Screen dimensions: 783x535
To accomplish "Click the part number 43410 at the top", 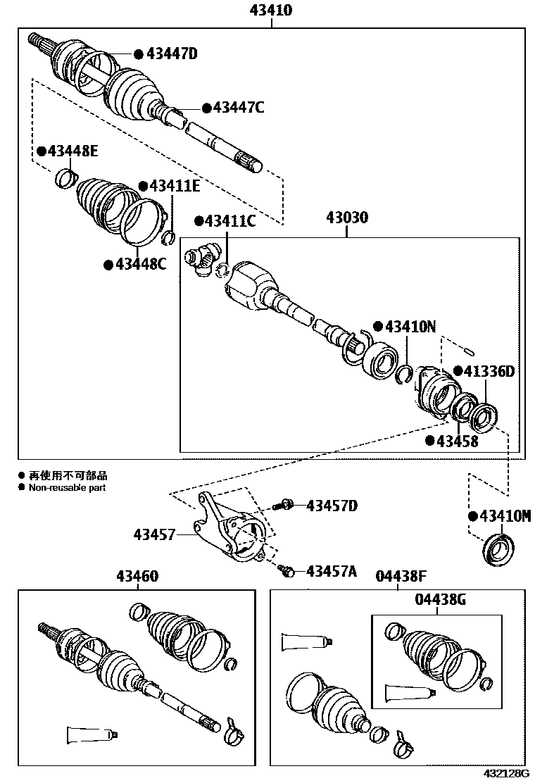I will pos(271,11).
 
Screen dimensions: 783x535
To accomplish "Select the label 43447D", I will pos(172,54).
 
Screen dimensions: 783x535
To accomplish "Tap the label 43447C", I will pos(239,107).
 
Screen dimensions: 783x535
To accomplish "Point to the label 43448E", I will pos(73,151).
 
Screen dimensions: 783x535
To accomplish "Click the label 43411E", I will pos(175,186).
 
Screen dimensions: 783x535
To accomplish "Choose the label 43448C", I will pos(140,264).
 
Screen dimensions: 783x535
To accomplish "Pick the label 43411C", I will pos(230,221).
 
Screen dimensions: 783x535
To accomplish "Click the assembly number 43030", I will pos(346,218).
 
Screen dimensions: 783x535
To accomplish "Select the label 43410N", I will pos(410,327).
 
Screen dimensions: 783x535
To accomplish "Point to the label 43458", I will pos(457,441).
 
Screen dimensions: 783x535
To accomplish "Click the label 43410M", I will pos(504,516).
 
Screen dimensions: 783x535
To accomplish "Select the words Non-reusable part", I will pos(67,487).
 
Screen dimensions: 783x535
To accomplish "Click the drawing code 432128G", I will pos(505,773).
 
